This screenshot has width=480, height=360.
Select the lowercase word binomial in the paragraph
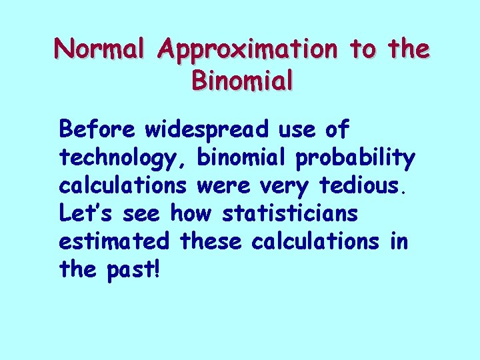coord(243,157)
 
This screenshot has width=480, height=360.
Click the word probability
coord(357,159)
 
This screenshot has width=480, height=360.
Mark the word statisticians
coord(290,213)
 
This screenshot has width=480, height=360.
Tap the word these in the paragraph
coord(213,241)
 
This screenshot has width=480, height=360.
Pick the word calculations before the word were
coord(124,185)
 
